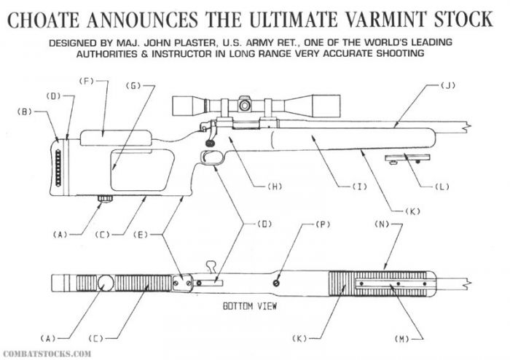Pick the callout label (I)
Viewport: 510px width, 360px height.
click(x=358, y=187)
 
